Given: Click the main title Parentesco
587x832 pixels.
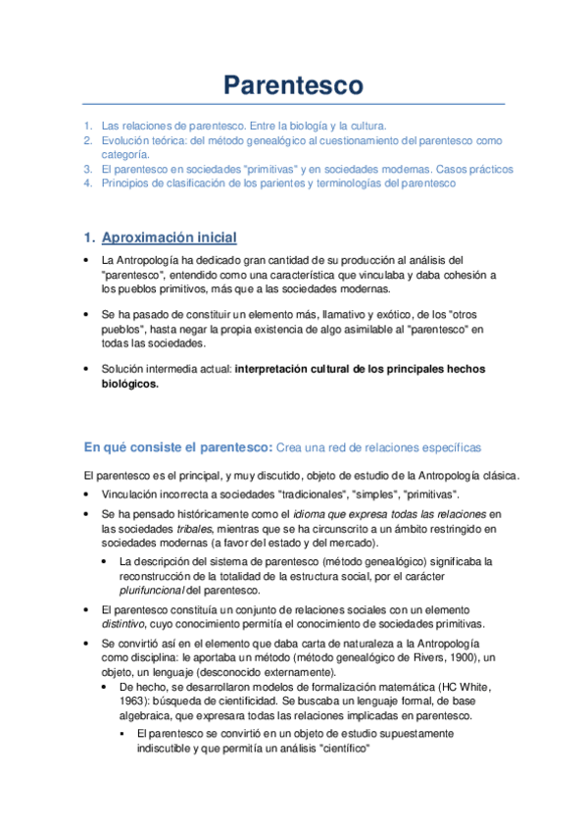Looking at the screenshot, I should tap(293, 85).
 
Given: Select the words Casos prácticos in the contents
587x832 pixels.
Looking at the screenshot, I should tap(475, 169).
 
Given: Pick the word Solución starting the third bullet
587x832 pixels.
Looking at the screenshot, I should tap(122, 369).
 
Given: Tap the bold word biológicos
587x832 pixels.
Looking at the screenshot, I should tap(129, 384).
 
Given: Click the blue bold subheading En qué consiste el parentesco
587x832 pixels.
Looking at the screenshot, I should tap(177, 447).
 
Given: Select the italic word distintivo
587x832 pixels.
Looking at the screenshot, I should tap(125, 624).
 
